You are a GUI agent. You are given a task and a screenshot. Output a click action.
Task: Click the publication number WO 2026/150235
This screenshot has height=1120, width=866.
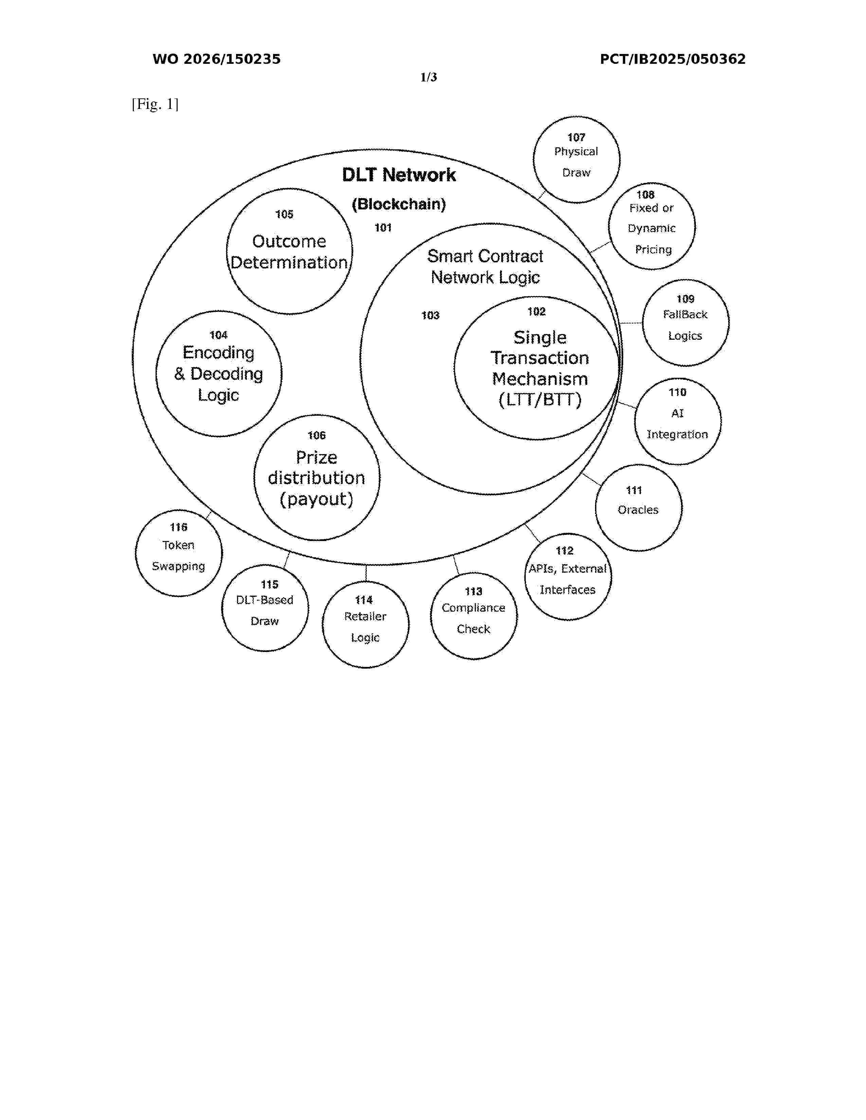coord(217,59)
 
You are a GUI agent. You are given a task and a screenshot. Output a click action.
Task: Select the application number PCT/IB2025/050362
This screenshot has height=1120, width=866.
coord(672,59)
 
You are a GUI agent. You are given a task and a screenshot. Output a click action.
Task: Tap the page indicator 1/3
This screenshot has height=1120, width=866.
coord(428,77)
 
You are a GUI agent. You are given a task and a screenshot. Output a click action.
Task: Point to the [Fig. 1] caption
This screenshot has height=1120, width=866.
coord(155,104)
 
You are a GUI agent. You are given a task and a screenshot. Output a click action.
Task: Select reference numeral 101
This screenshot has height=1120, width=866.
coord(383,228)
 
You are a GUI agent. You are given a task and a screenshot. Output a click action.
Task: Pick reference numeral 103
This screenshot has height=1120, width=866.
coord(430,315)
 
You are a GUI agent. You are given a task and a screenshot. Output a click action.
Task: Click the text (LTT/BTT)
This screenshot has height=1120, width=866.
coord(540,399)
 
